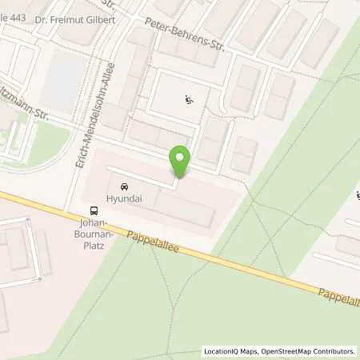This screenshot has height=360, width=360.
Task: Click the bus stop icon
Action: pos(95,212)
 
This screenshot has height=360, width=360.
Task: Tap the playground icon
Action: pos(189,100)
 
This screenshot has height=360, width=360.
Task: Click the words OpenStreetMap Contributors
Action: pos(308,351)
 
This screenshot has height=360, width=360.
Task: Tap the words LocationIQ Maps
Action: pos(230,351)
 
